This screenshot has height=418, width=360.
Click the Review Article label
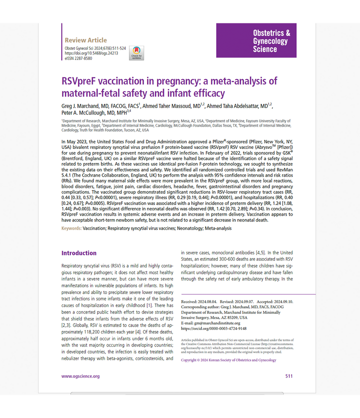[86, 40]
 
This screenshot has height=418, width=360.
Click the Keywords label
[72, 228]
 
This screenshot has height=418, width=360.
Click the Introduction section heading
[79, 253]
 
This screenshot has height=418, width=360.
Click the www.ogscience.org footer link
[81, 376]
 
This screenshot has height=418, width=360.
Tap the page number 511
[289, 376]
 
